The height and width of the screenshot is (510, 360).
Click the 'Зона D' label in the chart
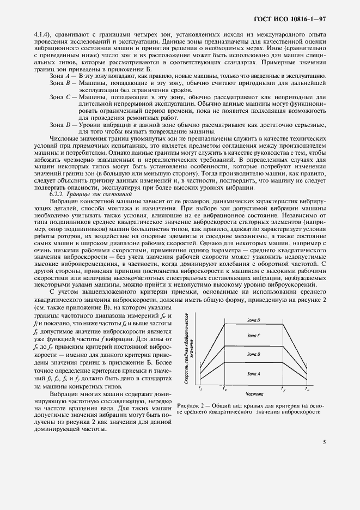(x=254, y=320)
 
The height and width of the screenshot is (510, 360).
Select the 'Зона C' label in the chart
(x=254, y=336)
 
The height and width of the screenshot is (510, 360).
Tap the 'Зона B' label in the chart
(x=254, y=355)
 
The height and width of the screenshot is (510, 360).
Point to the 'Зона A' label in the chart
(x=254, y=373)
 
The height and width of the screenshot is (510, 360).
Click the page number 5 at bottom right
(x=324, y=442)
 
